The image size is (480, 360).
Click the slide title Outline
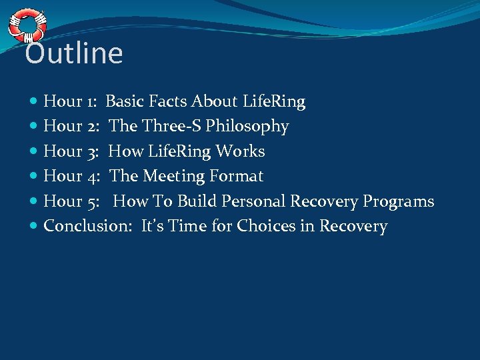(x=74, y=54)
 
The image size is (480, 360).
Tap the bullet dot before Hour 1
(x=34, y=102)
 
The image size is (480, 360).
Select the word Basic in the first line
(x=126, y=101)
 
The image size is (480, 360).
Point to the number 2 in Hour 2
(x=92, y=127)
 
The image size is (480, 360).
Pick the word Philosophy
(x=247, y=127)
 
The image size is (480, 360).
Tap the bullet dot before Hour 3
(x=34, y=152)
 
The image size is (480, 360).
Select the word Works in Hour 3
(x=243, y=151)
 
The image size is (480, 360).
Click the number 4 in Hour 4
(x=93, y=177)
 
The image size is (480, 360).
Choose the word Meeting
(x=173, y=177)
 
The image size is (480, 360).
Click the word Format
(x=237, y=177)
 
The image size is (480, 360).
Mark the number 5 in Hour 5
(x=93, y=201)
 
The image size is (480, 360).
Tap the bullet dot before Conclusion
(x=34, y=227)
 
